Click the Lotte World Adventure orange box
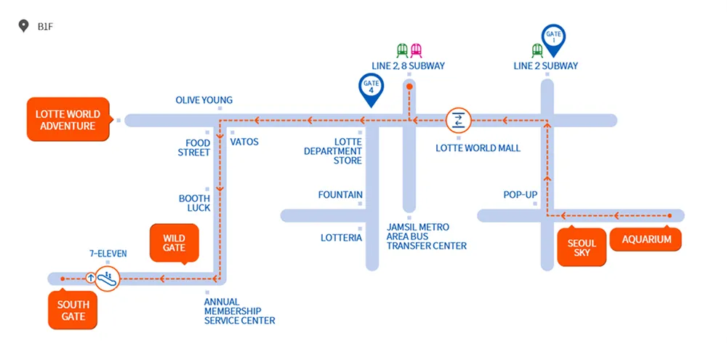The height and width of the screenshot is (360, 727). (68, 120)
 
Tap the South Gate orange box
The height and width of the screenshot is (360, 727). (73, 310)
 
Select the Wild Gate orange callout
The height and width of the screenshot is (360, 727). (174, 243)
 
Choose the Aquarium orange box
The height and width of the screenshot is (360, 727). (646, 239)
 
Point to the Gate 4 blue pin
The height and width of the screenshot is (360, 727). (371, 88)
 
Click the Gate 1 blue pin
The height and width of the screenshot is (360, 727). (554, 39)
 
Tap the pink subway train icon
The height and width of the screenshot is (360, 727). (416, 50)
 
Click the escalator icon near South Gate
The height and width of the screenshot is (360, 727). (107, 277)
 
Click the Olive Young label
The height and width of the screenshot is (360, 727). (204, 100)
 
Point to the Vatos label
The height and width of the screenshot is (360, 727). (244, 142)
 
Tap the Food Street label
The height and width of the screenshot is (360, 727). (194, 148)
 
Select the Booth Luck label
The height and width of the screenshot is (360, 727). (195, 203)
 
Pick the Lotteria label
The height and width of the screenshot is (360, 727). (341, 238)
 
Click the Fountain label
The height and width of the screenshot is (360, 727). (340, 195)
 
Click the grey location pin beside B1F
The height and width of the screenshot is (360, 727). (23, 27)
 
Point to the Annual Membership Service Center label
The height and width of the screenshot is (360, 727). (239, 311)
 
